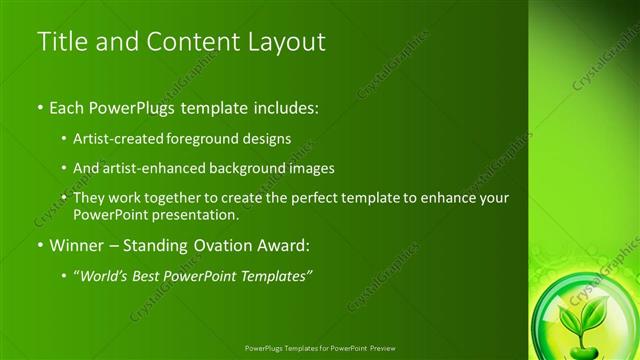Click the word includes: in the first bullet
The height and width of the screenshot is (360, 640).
(x=283, y=106)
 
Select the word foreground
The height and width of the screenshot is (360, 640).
(x=211, y=138)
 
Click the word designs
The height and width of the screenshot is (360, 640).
(x=269, y=138)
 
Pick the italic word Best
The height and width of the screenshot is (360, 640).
(x=150, y=276)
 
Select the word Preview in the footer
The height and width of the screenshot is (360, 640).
(x=380, y=350)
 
